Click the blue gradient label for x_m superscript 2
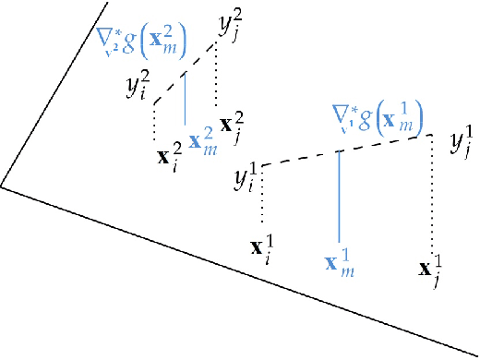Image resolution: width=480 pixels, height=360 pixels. (141, 39)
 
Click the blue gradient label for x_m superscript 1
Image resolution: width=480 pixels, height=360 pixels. (377, 115)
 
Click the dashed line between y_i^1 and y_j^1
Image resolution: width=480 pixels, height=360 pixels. (346, 150)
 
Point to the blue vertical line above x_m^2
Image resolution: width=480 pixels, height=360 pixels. (186, 97)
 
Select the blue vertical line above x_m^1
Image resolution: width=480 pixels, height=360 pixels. (340, 194)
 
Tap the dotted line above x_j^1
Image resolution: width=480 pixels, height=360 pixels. (431, 194)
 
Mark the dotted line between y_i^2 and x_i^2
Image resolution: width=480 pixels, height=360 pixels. (154, 120)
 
